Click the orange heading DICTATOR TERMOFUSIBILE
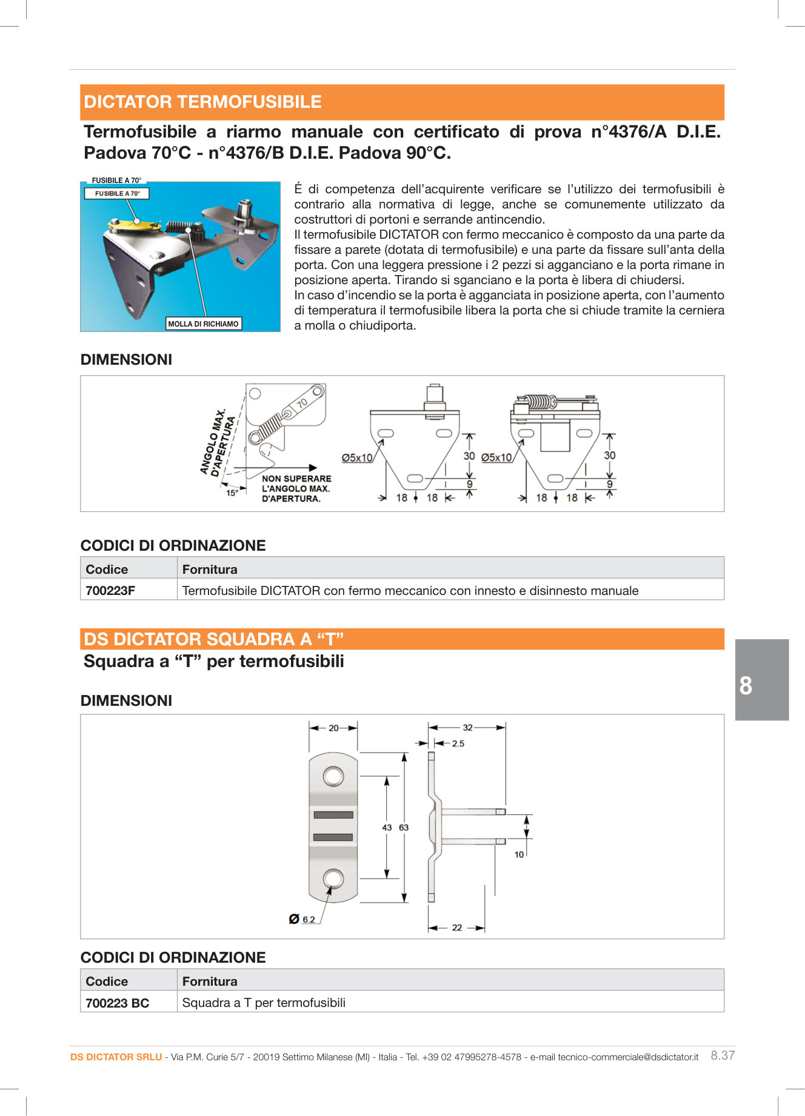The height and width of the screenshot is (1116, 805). coord(202,102)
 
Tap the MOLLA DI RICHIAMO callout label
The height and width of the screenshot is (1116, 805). coord(203,324)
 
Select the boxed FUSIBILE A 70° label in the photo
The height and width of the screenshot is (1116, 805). coord(117,194)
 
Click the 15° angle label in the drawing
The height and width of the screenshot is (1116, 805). coord(232,493)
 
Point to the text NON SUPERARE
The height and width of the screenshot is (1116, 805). coord(296,479)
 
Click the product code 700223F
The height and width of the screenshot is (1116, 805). coord(110,591)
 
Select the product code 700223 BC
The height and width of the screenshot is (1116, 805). coord(117,1003)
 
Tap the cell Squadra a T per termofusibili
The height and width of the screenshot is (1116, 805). coord(264,1003)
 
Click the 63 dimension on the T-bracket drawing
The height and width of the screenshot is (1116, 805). coord(404,828)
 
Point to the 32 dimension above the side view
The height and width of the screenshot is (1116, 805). coord(467,728)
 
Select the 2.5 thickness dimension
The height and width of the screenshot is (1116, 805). coord(458,743)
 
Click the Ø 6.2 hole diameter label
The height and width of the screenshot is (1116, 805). coord(302,920)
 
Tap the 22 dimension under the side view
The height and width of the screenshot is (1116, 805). coord(457,928)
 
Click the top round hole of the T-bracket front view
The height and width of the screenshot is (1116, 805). coord(333,776)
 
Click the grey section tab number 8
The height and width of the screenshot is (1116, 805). coord(746,686)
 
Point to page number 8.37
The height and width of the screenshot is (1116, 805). coord(723,1055)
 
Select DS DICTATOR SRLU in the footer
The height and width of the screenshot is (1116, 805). coord(116,1057)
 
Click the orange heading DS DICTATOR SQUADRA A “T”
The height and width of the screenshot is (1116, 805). coord(213,640)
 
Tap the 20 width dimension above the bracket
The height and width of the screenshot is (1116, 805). coord(333,728)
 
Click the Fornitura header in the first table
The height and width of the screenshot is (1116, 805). coord(210,570)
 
